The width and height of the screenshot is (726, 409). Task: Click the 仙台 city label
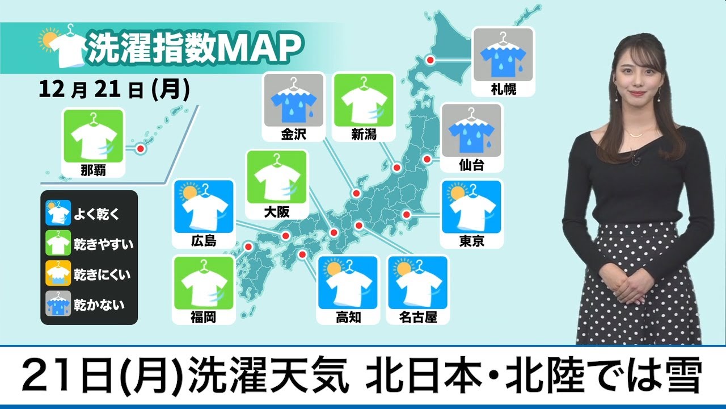click(x=471, y=165)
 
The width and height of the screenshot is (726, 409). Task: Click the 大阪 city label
click(x=277, y=212)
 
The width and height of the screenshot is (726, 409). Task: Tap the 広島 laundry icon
click(x=204, y=207)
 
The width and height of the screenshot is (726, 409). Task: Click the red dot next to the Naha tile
click(x=140, y=149)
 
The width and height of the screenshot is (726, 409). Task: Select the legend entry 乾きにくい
click(x=102, y=275)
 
